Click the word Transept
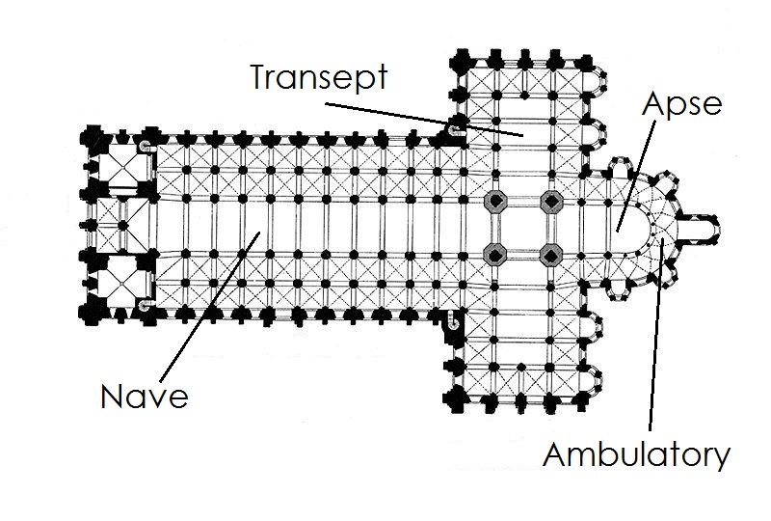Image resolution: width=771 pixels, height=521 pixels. [318, 76]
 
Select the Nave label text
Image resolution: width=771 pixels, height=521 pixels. [145, 396]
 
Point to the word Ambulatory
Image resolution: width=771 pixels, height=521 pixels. [636, 453]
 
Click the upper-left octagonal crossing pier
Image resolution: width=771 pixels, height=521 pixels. [495, 203]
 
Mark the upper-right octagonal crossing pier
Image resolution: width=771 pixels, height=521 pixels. [551, 203]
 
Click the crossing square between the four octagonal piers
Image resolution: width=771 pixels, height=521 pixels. [523, 230]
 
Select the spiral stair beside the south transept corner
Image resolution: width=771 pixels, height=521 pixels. [453, 318]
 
